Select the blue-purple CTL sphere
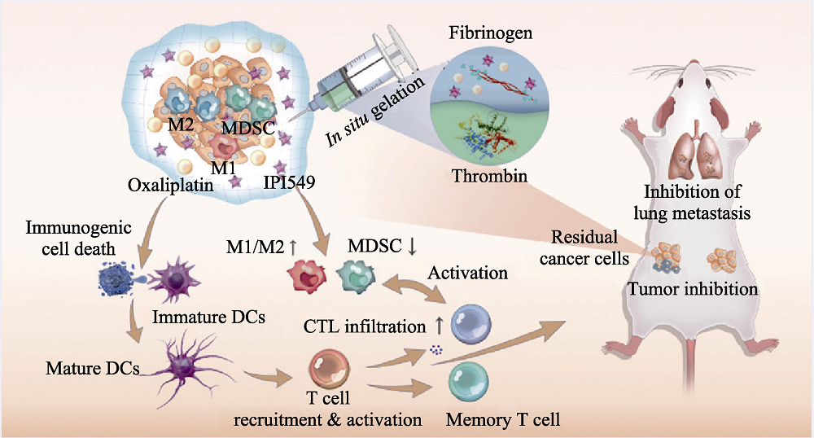tap(475, 323)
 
